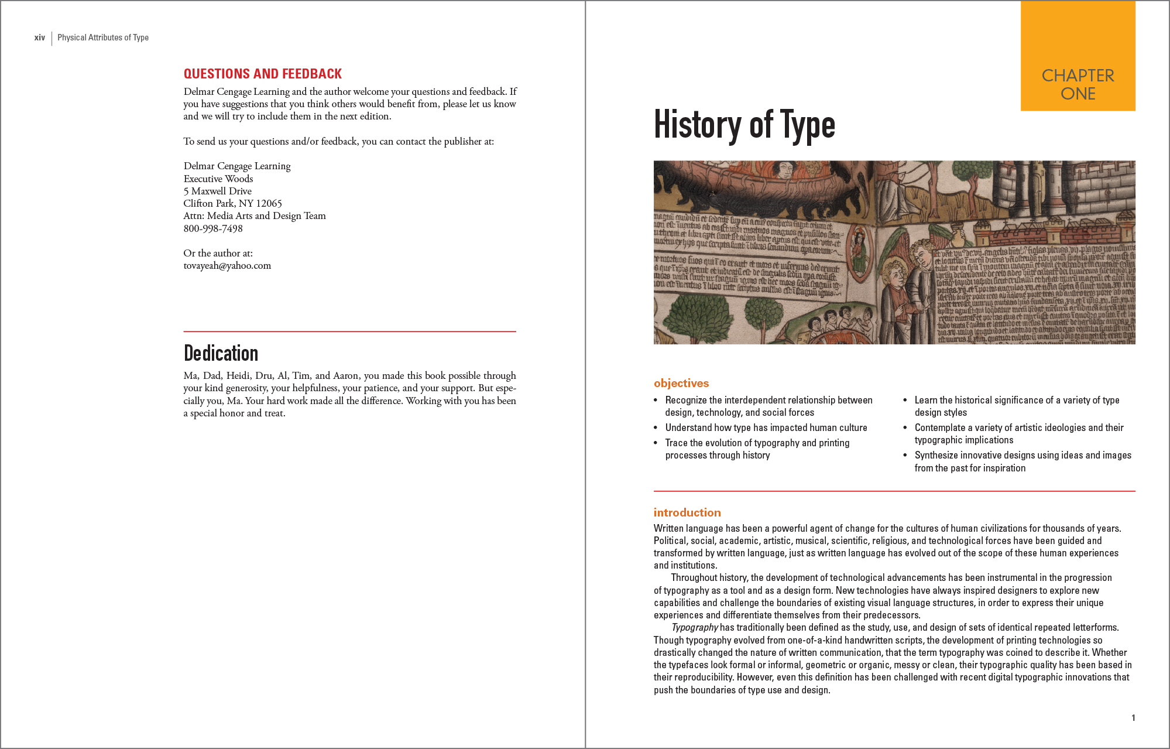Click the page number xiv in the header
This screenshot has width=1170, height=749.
click(39, 37)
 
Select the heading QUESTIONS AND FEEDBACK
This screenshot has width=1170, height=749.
click(262, 74)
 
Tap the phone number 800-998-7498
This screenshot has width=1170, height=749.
click(213, 228)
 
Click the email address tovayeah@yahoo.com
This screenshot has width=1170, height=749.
click(227, 265)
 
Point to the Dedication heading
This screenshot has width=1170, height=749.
click(221, 353)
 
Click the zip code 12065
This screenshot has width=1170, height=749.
click(269, 203)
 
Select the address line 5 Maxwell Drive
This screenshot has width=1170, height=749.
click(217, 191)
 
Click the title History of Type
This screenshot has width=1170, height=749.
click(744, 125)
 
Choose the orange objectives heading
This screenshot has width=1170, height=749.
click(681, 383)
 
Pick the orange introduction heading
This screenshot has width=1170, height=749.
click(687, 512)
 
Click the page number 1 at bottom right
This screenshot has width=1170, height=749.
click(1133, 717)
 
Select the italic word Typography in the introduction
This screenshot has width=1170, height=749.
click(695, 627)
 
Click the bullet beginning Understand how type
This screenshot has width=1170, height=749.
click(766, 427)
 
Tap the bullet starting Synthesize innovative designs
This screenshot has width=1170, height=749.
click(1023, 461)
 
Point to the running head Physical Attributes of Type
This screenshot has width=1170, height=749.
click(103, 37)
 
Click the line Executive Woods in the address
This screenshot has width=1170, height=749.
click(218, 179)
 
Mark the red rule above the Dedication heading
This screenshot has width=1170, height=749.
click(349, 331)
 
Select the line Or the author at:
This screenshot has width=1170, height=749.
click(218, 253)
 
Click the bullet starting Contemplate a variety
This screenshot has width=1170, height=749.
click(1018, 433)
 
